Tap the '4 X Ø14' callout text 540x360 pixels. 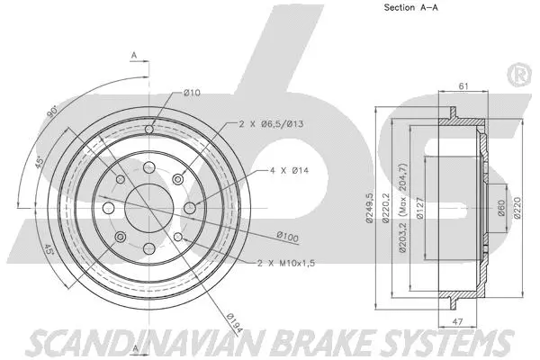289,170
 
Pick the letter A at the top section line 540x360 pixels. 133,56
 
